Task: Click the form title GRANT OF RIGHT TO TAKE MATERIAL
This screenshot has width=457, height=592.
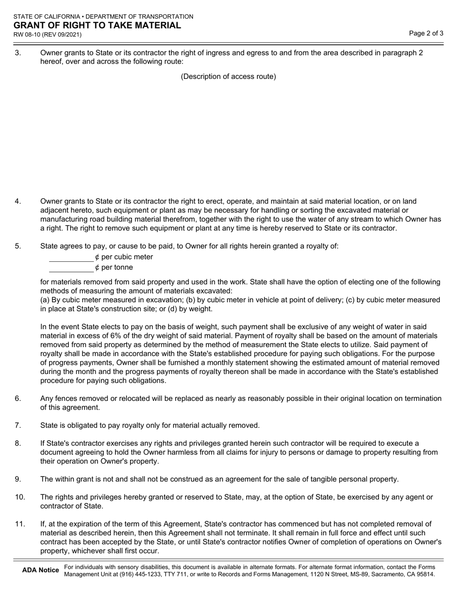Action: point(97,26)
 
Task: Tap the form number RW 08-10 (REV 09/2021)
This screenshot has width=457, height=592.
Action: point(47,35)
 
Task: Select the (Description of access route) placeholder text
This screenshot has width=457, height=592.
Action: point(228,77)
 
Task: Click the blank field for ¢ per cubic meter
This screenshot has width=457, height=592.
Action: point(71,257)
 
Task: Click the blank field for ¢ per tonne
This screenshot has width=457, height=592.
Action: point(71,268)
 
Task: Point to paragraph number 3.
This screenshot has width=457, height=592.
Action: point(18,53)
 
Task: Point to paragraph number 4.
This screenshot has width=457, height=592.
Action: point(18,201)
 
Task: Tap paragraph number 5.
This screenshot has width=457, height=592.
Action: point(18,246)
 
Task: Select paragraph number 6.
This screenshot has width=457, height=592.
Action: point(18,398)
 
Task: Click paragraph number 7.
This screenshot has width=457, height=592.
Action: point(18,425)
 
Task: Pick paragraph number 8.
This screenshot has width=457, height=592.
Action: point(18,443)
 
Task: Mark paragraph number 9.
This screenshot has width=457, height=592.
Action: point(18,479)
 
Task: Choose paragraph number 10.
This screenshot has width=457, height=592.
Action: point(20,497)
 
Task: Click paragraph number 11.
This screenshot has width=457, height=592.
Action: point(20,524)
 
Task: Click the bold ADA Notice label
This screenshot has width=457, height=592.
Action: point(40,570)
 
